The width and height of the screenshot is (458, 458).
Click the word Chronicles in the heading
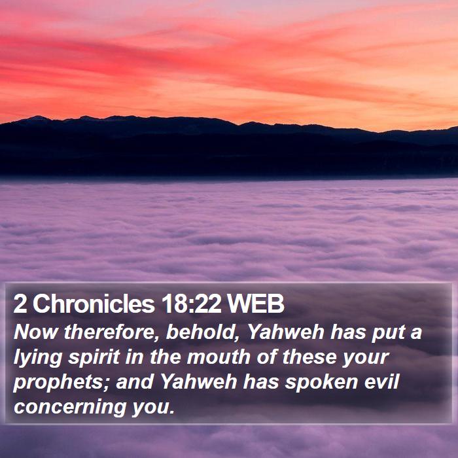(x=93, y=304)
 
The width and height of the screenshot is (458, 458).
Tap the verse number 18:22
(x=192, y=304)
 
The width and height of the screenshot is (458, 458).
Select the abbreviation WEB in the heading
(x=256, y=304)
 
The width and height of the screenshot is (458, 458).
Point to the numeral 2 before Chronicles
(x=20, y=304)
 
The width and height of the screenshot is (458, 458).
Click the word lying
(x=38, y=358)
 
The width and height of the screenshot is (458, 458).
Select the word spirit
(x=94, y=358)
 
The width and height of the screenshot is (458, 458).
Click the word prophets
(x=58, y=383)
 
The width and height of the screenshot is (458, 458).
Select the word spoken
(x=321, y=383)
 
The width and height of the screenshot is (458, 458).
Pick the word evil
(x=381, y=382)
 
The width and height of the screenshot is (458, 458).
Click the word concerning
(x=70, y=408)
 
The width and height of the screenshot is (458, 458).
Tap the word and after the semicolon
(x=135, y=382)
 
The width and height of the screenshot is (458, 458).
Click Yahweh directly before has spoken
(x=199, y=382)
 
